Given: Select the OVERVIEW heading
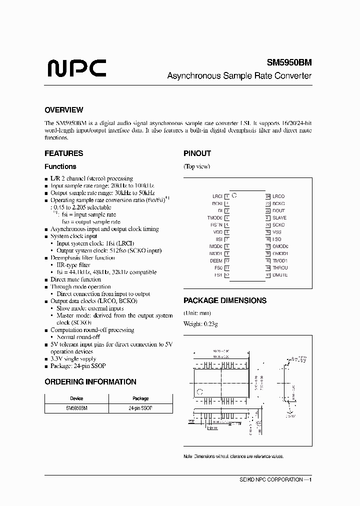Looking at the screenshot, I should pyautogui.click(x=63, y=110).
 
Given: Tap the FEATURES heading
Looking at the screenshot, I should pyautogui.click(x=63, y=153).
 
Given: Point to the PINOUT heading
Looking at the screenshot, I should pyautogui.click(x=197, y=153).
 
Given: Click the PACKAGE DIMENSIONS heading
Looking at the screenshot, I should pyautogui.click(x=224, y=300).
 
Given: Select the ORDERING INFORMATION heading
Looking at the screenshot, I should pyautogui.click(x=90, y=381).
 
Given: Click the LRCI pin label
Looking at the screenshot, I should pyautogui.click(x=217, y=196).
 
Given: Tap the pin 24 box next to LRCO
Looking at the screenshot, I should pyautogui.click(x=268, y=196).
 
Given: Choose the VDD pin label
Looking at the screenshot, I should pyautogui.click(x=217, y=232).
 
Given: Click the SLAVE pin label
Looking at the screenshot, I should pyautogui.click(x=279, y=218).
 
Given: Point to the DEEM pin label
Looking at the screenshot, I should pyautogui.click(x=216, y=260).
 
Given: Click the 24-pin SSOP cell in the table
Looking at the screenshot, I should pyautogui.click(x=140, y=408).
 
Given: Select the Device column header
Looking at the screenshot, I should pyautogui.click(x=76, y=398).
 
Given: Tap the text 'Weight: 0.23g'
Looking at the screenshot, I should pyautogui.click(x=200, y=324).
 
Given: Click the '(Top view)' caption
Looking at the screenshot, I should pyautogui.click(x=196, y=166).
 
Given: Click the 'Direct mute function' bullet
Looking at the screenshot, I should pyautogui.click(x=76, y=279).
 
